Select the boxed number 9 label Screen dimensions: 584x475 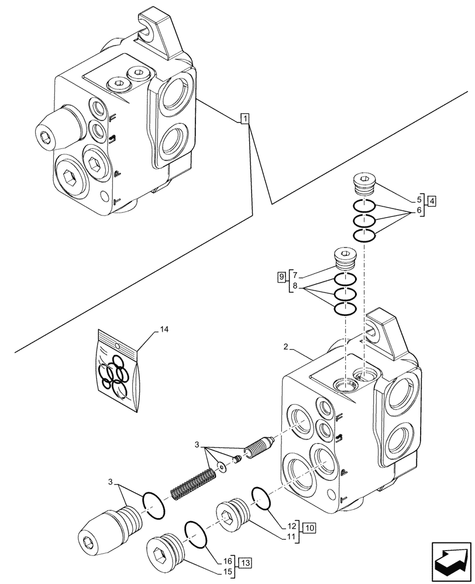pyautogui.click(x=281, y=275)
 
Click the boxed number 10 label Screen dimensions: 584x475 pyautogui.click(x=309, y=528)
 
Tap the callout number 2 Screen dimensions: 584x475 pyautogui.click(x=285, y=347)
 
